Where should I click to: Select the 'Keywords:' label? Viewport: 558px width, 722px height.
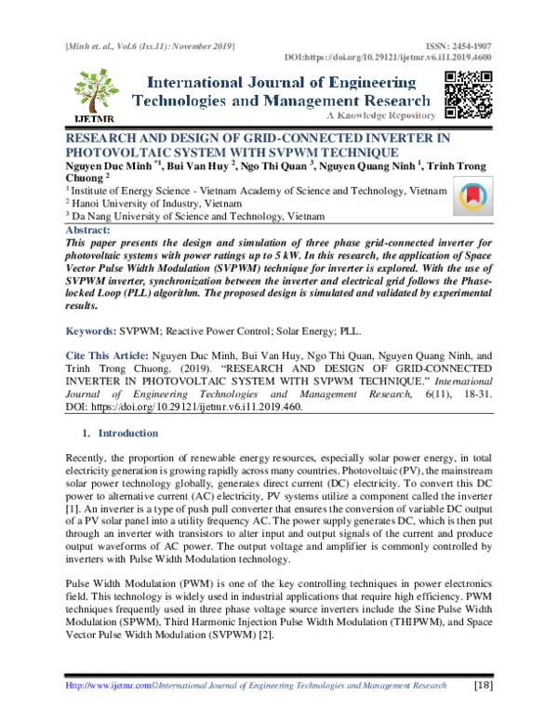point(89,330)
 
